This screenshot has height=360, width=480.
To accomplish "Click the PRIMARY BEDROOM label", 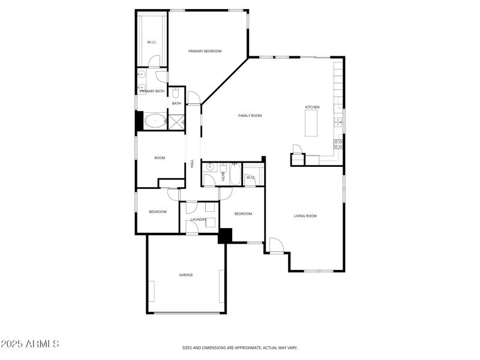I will [205, 52].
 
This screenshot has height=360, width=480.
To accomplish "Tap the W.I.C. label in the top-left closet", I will [152, 42].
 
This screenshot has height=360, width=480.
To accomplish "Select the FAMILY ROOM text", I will [250, 116].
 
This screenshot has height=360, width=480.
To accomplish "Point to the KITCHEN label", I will [312, 107].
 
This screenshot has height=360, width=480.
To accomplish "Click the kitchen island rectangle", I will [311, 124].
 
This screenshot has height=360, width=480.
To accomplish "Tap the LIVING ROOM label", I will [305, 216].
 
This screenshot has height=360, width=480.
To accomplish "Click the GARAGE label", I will [186, 275].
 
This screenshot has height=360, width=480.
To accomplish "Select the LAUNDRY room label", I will [199, 220].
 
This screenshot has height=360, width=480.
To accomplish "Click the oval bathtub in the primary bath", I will [156, 121].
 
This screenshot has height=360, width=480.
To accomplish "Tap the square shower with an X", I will [176, 122].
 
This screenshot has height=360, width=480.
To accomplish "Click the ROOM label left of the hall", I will [160, 158].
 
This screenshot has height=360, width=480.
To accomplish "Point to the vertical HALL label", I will [192, 163].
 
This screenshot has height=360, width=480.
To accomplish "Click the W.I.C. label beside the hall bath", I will [251, 178].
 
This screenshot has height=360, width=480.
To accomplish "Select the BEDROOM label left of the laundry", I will [158, 212].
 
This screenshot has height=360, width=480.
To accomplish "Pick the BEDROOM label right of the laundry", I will [243, 214].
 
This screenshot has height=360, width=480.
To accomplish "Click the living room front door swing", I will [275, 245].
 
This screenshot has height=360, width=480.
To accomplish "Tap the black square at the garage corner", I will [225, 235].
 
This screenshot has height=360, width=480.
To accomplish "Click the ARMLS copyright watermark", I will [30, 344].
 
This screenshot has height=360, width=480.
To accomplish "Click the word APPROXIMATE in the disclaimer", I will [245, 348].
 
